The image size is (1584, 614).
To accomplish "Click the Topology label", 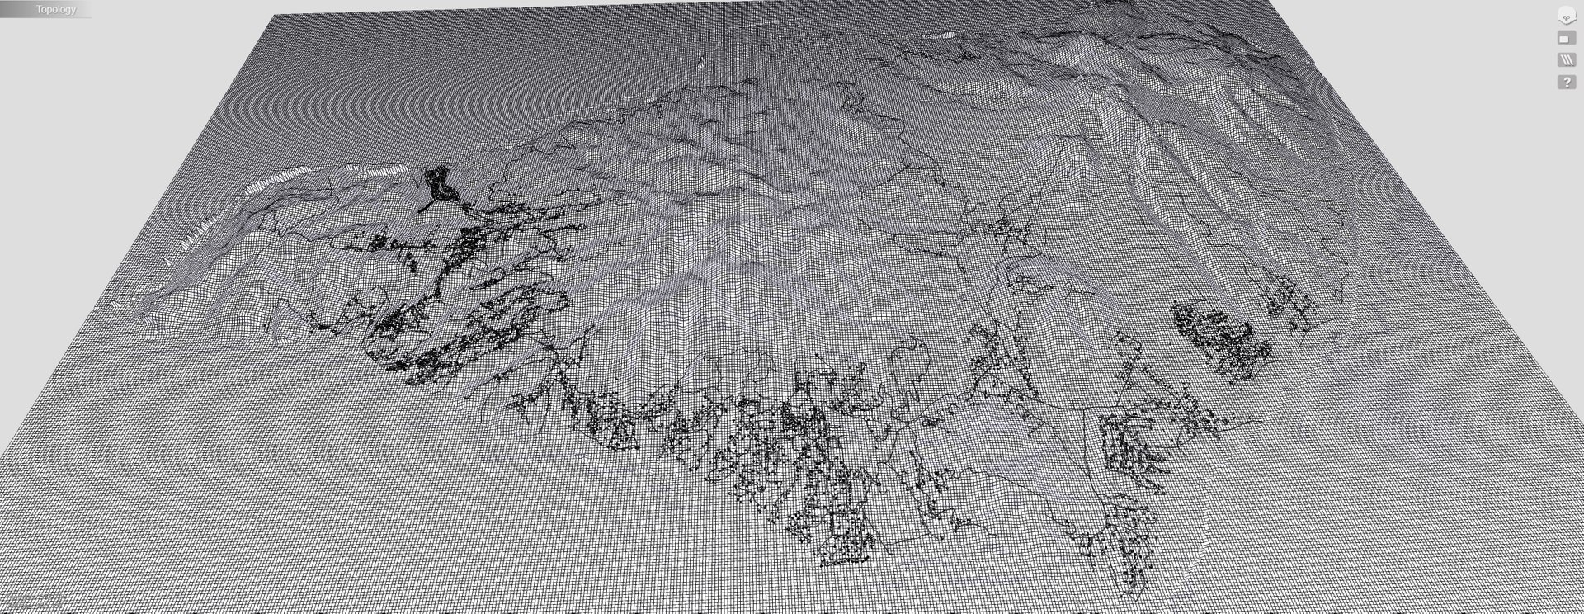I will click(x=55, y=9).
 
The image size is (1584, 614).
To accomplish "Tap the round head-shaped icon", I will click(x=1566, y=16).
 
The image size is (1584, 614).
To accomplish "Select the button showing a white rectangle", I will click(x=1566, y=38).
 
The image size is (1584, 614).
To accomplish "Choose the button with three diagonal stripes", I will click(x=1566, y=60).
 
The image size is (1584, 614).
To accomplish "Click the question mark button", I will click(x=1566, y=83).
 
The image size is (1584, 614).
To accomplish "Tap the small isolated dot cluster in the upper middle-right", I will click(x=1006, y=228).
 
